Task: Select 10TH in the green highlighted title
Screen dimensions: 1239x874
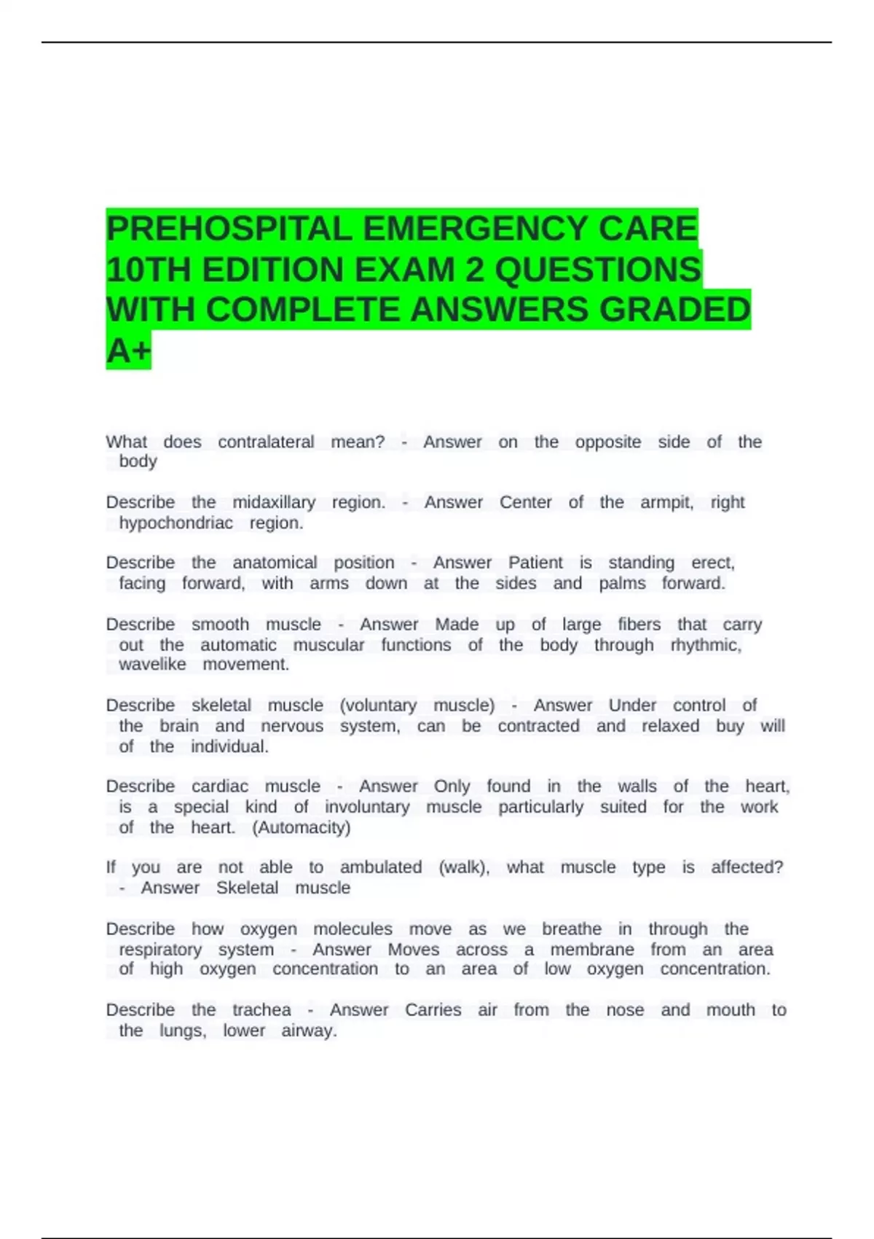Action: coord(149,270)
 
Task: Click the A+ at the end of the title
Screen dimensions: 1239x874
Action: coord(128,351)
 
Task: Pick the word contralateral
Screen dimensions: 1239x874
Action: coord(266,442)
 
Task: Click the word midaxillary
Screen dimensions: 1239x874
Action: coord(274,502)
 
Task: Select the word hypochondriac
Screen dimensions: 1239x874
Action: coord(176,523)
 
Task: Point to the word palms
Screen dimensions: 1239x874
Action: coord(622,583)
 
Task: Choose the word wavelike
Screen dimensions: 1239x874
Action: coord(152,664)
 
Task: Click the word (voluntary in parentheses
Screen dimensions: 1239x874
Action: coord(378,705)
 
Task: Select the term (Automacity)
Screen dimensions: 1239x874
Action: coord(301,827)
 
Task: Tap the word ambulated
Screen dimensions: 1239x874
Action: coord(380,867)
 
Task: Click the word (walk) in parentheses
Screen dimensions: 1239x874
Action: coord(464,867)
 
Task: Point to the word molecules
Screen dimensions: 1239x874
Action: coord(353,929)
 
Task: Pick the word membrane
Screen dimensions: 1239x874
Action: coord(591,950)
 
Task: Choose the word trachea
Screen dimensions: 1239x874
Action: coord(261,1010)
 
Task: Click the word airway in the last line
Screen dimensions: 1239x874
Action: coord(308,1031)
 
